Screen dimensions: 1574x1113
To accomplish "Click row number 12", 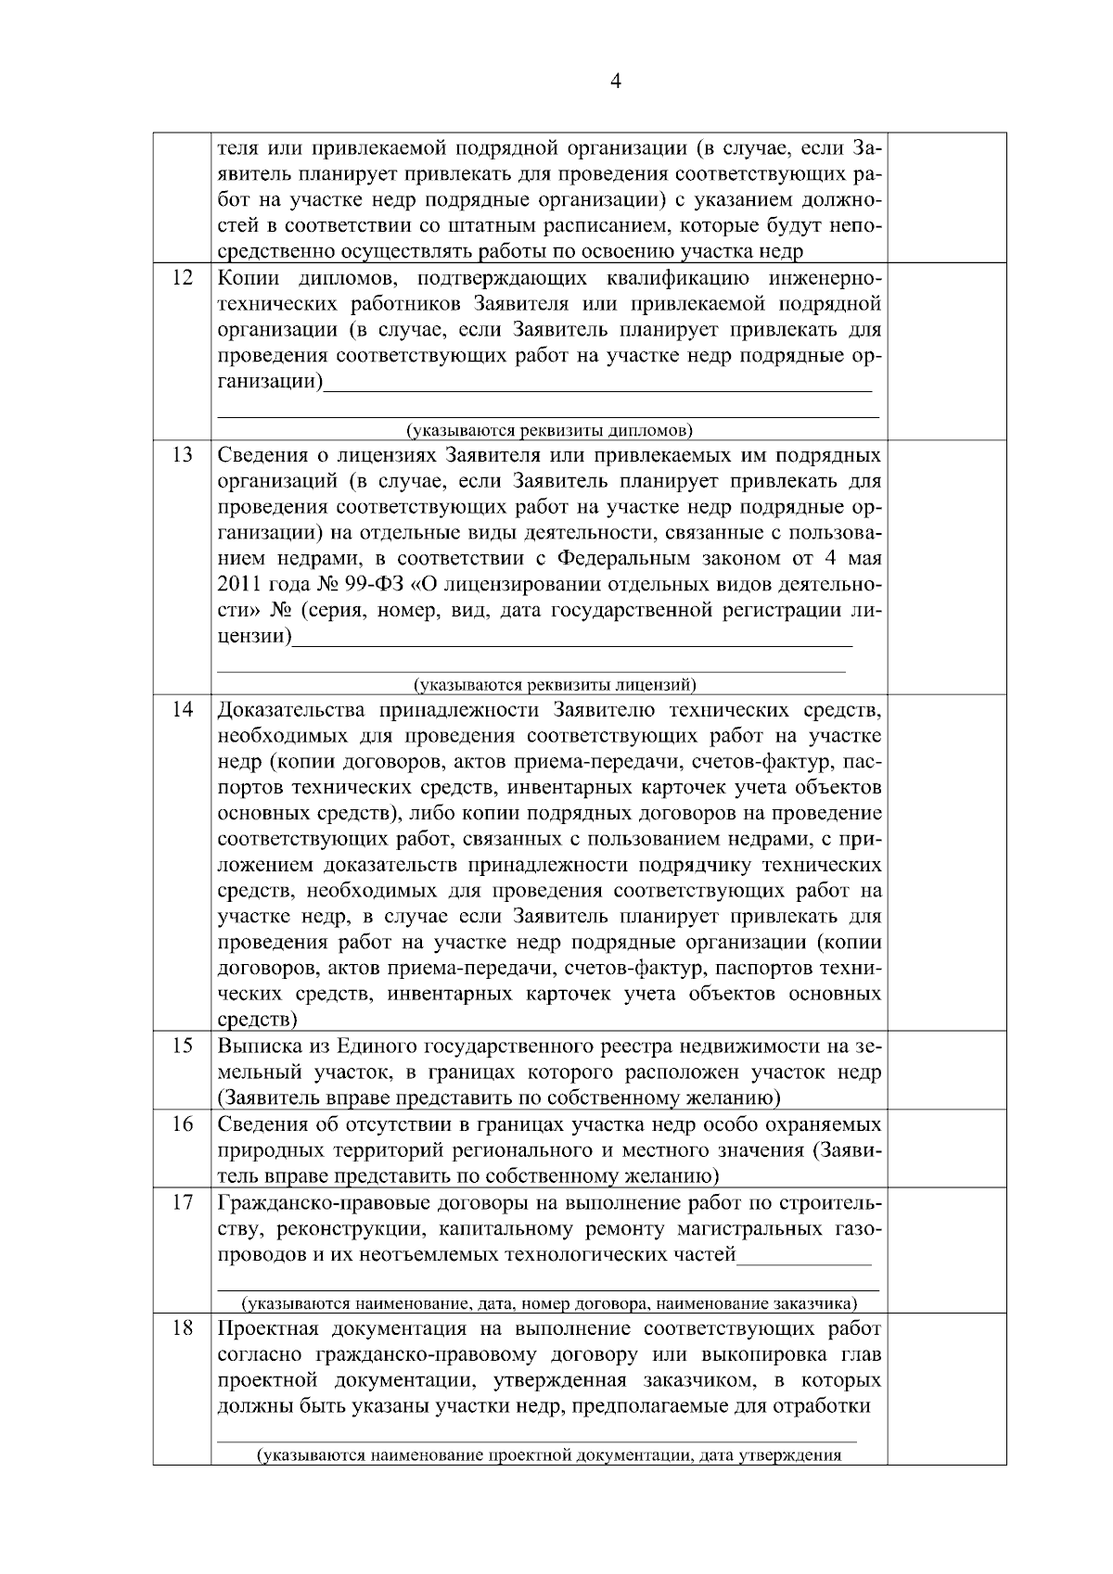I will click(x=183, y=278).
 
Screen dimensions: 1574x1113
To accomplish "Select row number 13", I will click(x=183, y=455).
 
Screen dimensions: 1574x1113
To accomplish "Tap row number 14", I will click(x=183, y=710).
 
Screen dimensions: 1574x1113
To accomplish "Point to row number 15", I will click(x=183, y=1047).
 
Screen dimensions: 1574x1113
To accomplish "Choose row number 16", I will click(x=183, y=1124).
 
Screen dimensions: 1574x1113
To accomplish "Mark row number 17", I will click(x=183, y=1203).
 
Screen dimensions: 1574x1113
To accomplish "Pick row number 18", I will click(x=183, y=1328).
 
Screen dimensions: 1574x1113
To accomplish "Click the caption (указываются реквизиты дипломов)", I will click(x=549, y=431).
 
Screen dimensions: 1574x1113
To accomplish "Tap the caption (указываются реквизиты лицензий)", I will click(x=555, y=686).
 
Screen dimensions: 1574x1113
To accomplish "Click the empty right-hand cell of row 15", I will click(x=947, y=1072).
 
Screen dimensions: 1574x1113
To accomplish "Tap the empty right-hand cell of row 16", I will click(x=947, y=1149).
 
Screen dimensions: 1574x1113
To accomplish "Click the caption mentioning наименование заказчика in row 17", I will click(x=549, y=1304).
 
